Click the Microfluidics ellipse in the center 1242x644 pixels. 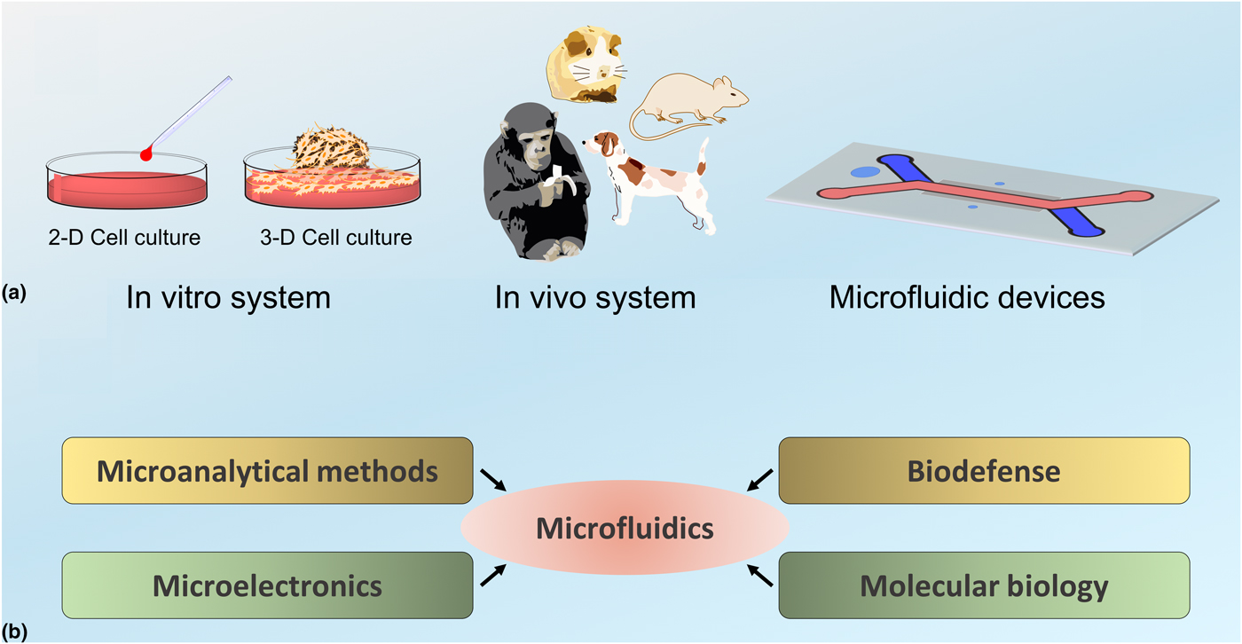click(625, 530)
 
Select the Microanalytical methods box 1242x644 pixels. click(267, 471)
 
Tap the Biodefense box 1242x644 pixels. click(983, 471)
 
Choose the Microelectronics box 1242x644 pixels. click(267, 585)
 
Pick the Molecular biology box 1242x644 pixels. click(983, 585)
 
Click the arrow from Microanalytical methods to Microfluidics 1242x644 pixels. click(494, 479)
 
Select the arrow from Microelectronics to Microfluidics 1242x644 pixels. click(494, 576)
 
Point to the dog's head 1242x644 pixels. click(602, 141)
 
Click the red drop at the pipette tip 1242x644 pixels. click(146, 154)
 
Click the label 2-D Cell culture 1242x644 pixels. click(124, 238)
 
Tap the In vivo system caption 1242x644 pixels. click(595, 297)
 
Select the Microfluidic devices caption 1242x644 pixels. click(967, 297)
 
